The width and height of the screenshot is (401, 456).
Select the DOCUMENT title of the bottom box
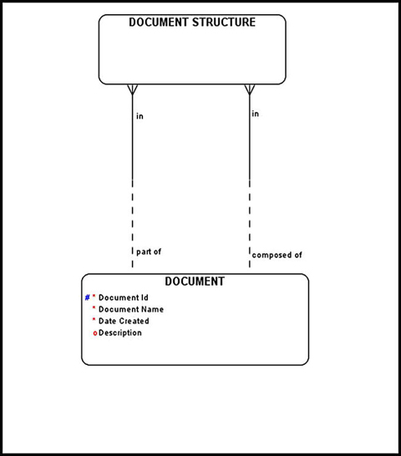pyautogui.click(x=195, y=282)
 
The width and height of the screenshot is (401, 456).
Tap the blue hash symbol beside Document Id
pyautogui.click(x=87, y=297)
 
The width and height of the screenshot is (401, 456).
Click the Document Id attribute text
pyautogui.click(x=123, y=297)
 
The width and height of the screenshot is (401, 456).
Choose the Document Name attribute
pyautogui.click(x=130, y=309)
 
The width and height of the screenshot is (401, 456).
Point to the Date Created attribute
pyautogui.click(x=124, y=321)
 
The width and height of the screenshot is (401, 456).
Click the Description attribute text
pyautogui.click(x=120, y=332)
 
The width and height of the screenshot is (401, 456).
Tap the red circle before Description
pyautogui.click(x=95, y=333)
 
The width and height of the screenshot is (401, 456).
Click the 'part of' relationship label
pyautogui.click(x=149, y=251)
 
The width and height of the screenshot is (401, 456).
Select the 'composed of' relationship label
pyautogui.click(x=277, y=255)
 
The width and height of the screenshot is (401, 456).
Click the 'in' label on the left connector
pyautogui.click(x=140, y=116)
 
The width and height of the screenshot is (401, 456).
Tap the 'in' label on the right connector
pyautogui.click(x=255, y=114)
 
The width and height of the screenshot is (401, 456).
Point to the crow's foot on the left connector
pyautogui.click(x=132, y=90)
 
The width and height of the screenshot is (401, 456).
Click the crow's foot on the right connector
pyautogui.click(x=248, y=90)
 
